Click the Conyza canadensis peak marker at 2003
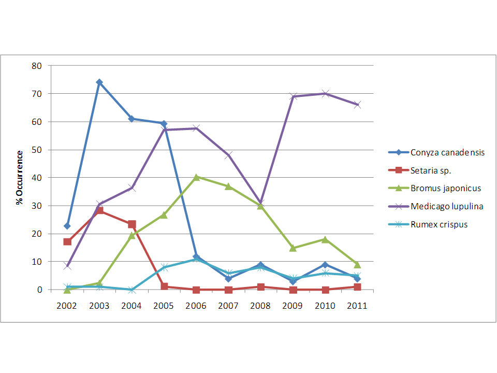99,82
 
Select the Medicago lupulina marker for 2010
325,94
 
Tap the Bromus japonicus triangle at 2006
196,177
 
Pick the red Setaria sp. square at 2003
99,210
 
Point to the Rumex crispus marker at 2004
131,290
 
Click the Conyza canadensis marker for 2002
67,226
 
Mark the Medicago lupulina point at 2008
260,203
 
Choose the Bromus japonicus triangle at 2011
357,265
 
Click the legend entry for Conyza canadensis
447,152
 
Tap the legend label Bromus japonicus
446,188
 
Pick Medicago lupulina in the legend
447,206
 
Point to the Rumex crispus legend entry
439,224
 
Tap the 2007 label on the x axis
228,306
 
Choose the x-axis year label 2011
357,306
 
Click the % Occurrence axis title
20,178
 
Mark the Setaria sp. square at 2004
131,224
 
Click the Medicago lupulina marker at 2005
164,130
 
